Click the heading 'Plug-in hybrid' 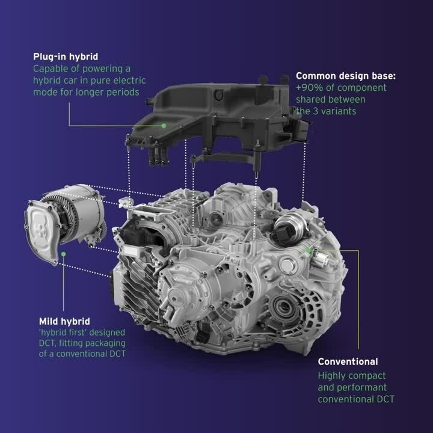(x=66, y=57)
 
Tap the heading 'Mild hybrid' (x=64, y=321)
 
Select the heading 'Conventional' (x=348, y=361)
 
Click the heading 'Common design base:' (x=346, y=76)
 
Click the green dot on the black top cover (x=164, y=126)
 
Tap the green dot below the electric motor (x=64, y=254)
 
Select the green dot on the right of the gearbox (x=309, y=251)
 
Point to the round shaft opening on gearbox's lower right (x=283, y=306)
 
